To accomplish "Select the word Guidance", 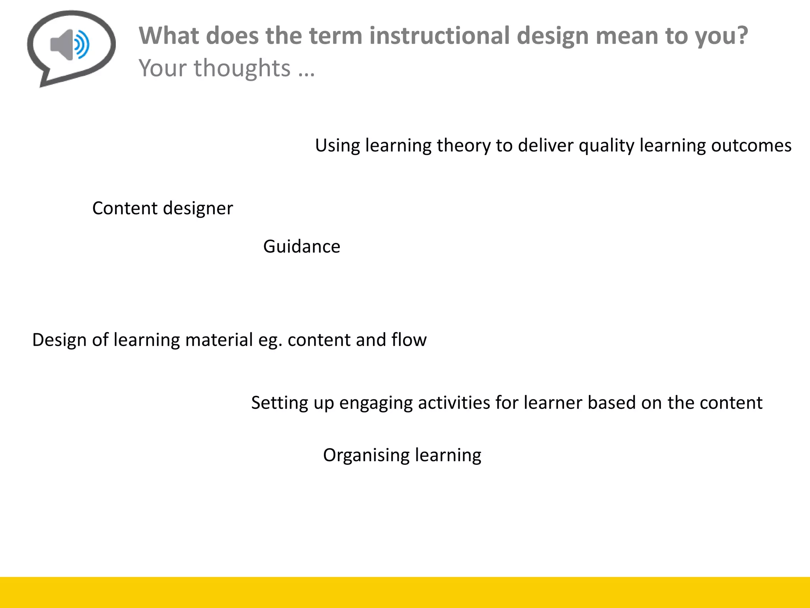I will point(301,247).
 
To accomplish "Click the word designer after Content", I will point(198,209).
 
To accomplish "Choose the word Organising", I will point(366,455).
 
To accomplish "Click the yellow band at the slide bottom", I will point(405,592).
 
